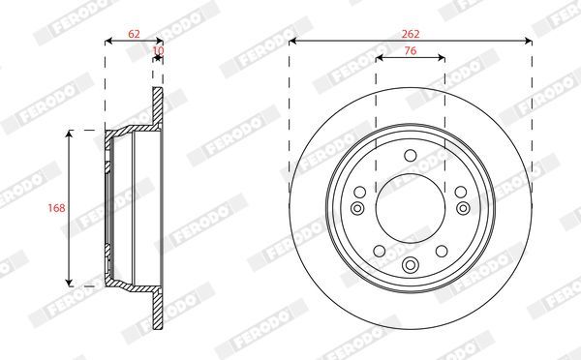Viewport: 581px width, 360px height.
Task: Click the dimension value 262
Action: (x=411, y=34)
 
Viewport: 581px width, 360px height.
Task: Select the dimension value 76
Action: (x=411, y=50)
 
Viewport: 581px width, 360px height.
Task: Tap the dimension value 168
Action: (x=56, y=208)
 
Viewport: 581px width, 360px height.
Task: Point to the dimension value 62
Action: (x=134, y=34)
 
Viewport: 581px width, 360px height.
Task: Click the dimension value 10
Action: (x=158, y=50)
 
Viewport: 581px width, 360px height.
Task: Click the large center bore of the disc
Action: (x=411, y=208)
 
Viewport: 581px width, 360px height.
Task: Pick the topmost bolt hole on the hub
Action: (x=411, y=156)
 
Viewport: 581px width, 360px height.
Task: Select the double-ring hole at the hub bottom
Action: (x=411, y=264)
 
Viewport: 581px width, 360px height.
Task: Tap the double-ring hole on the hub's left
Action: (x=357, y=208)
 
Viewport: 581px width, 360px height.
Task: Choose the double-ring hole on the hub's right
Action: (x=463, y=208)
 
